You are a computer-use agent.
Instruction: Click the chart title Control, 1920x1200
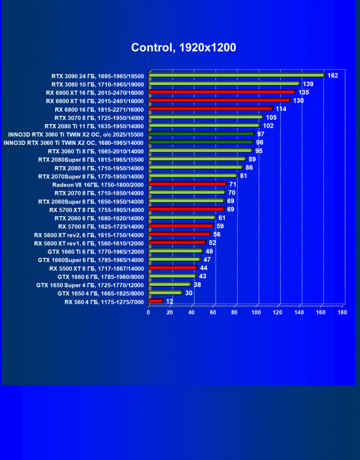183,47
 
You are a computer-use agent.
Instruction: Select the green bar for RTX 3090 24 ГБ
236,75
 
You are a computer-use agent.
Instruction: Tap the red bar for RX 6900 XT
222,92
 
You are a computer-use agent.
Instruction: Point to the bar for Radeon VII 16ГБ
187,184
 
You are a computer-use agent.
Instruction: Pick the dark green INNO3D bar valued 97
201,134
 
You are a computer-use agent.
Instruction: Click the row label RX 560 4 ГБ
104,301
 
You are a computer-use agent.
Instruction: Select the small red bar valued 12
155,301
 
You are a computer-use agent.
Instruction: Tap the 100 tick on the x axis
256,312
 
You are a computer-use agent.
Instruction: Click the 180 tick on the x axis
342,312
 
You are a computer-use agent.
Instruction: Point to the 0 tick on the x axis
149,312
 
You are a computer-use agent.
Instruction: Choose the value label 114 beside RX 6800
281,109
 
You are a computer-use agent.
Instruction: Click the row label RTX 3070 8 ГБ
99,117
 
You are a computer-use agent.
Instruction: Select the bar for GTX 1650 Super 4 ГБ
169,284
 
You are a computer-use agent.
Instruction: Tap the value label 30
189,293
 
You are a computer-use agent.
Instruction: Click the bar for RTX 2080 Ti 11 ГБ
204,125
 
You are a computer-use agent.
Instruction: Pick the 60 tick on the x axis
213,312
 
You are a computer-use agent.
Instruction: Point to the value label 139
308,84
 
